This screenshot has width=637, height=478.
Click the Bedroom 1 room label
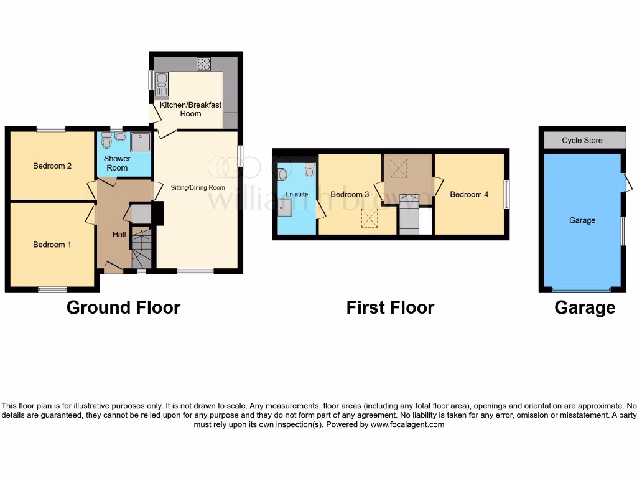[52, 245]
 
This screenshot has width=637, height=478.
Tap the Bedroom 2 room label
[52, 166]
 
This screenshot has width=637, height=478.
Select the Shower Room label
[117, 163]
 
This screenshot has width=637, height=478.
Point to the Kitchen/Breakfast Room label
[190, 110]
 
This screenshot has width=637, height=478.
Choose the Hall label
[119, 235]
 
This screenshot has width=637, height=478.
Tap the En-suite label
[297, 194]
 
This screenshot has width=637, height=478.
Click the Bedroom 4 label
[469, 194]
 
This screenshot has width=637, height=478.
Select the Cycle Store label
[582, 140]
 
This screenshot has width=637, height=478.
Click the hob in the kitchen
[203, 63]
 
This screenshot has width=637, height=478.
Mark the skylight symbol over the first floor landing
[398, 167]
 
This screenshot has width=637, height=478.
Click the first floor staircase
[409, 215]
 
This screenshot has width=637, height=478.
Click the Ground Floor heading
[123, 307]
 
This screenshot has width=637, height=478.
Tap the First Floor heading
[390, 307]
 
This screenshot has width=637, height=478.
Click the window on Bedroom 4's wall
[506, 194]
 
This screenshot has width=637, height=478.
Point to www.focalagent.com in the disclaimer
[407, 424]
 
